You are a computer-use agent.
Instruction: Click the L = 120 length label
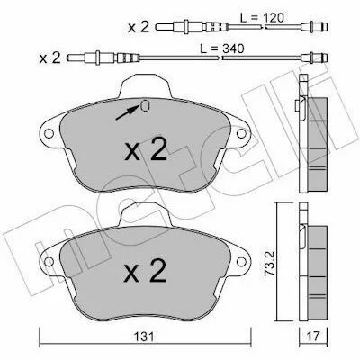(x=262, y=18)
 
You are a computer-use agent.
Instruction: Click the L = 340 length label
(x=222, y=49)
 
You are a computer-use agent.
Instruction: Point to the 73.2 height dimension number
(x=269, y=264)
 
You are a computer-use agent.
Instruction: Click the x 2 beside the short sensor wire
(x=139, y=28)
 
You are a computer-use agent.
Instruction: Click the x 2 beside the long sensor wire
(x=49, y=58)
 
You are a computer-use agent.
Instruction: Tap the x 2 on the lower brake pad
(x=145, y=271)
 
